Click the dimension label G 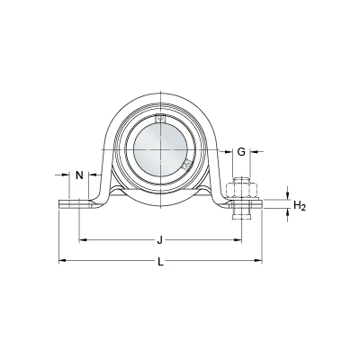(x=241, y=152)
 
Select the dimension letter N (x=79, y=175)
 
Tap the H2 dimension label (x=299, y=206)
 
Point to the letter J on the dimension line (x=160, y=240)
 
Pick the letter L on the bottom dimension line (x=161, y=262)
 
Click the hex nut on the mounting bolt (x=241, y=188)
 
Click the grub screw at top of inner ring (x=160, y=119)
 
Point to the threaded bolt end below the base (x=241, y=214)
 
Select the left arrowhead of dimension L (x=62, y=261)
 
